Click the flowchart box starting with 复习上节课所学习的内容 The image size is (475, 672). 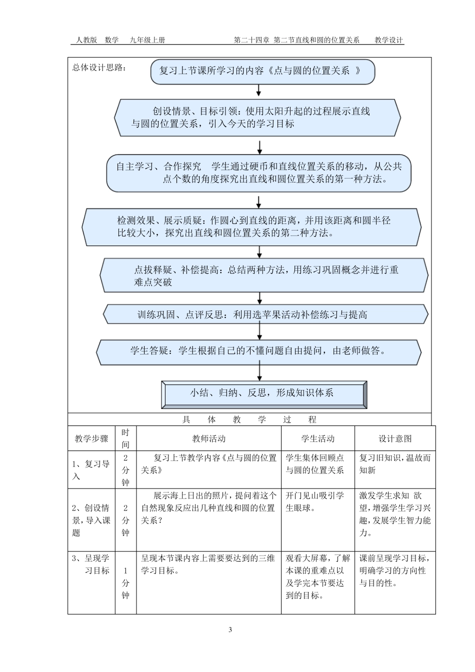[x=262, y=71]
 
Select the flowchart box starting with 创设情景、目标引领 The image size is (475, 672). [x=257, y=117]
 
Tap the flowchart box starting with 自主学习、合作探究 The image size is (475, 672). [x=258, y=173]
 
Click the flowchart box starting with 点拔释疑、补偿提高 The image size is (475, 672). [x=264, y=275]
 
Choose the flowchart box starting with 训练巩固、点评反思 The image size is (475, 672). [x=265, y=314]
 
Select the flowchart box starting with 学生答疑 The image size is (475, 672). [x=258, y=351]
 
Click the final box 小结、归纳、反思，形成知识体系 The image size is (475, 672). [x=264, y=394]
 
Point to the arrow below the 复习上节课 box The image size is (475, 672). [x=258, y=89]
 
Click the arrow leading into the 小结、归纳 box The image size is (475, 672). [x=259, y=372]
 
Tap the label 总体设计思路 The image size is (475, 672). [x=99, y=67]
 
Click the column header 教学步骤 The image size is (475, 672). [x=91, y=438]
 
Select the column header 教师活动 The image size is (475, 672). [x=209, y=438]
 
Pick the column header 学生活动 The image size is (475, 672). [x=317, y=438]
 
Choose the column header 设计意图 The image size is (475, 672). [x=395, y=438]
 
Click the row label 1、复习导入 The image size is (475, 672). [x=91, y=470]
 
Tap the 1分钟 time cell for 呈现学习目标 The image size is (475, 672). [x=125, y=583]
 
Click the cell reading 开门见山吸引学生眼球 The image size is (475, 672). [x=315, y=502]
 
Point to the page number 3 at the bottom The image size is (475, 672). [x=230, y=629]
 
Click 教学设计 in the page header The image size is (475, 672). [x=388, y=40]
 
